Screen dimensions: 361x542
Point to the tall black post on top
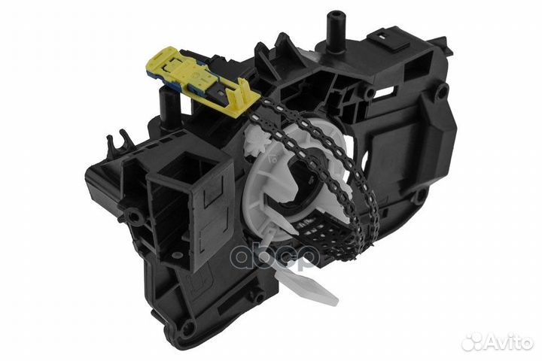332,26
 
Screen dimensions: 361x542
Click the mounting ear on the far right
443,89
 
